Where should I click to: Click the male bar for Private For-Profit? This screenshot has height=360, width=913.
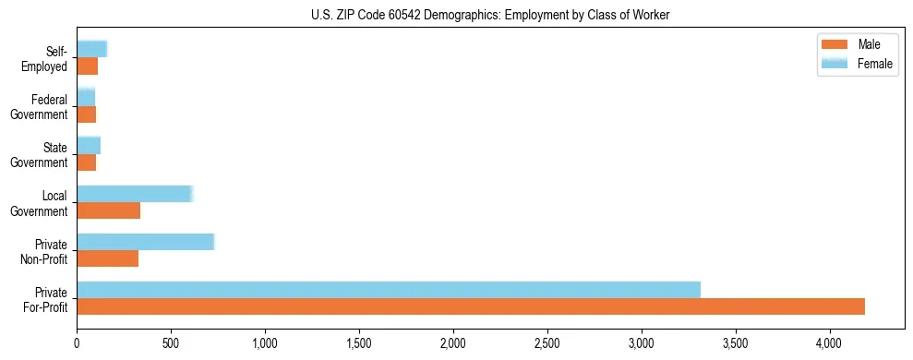click(471, 306)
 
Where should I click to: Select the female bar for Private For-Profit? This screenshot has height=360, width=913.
click(389, 289)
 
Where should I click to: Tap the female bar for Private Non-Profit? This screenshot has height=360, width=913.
click(145, 241)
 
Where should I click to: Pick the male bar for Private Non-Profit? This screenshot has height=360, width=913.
click(107, 258)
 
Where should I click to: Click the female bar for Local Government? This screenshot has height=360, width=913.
click(135, 194)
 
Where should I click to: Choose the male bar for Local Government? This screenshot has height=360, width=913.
click(108, 210)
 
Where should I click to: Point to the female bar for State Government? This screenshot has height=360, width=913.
click(89, 145)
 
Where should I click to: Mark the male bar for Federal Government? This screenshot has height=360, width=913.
click(86, 114)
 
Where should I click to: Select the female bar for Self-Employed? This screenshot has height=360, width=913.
click(91, 49)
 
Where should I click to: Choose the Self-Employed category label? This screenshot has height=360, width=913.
click(48, 59)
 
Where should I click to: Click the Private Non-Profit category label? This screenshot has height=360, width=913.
click(51, 251)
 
